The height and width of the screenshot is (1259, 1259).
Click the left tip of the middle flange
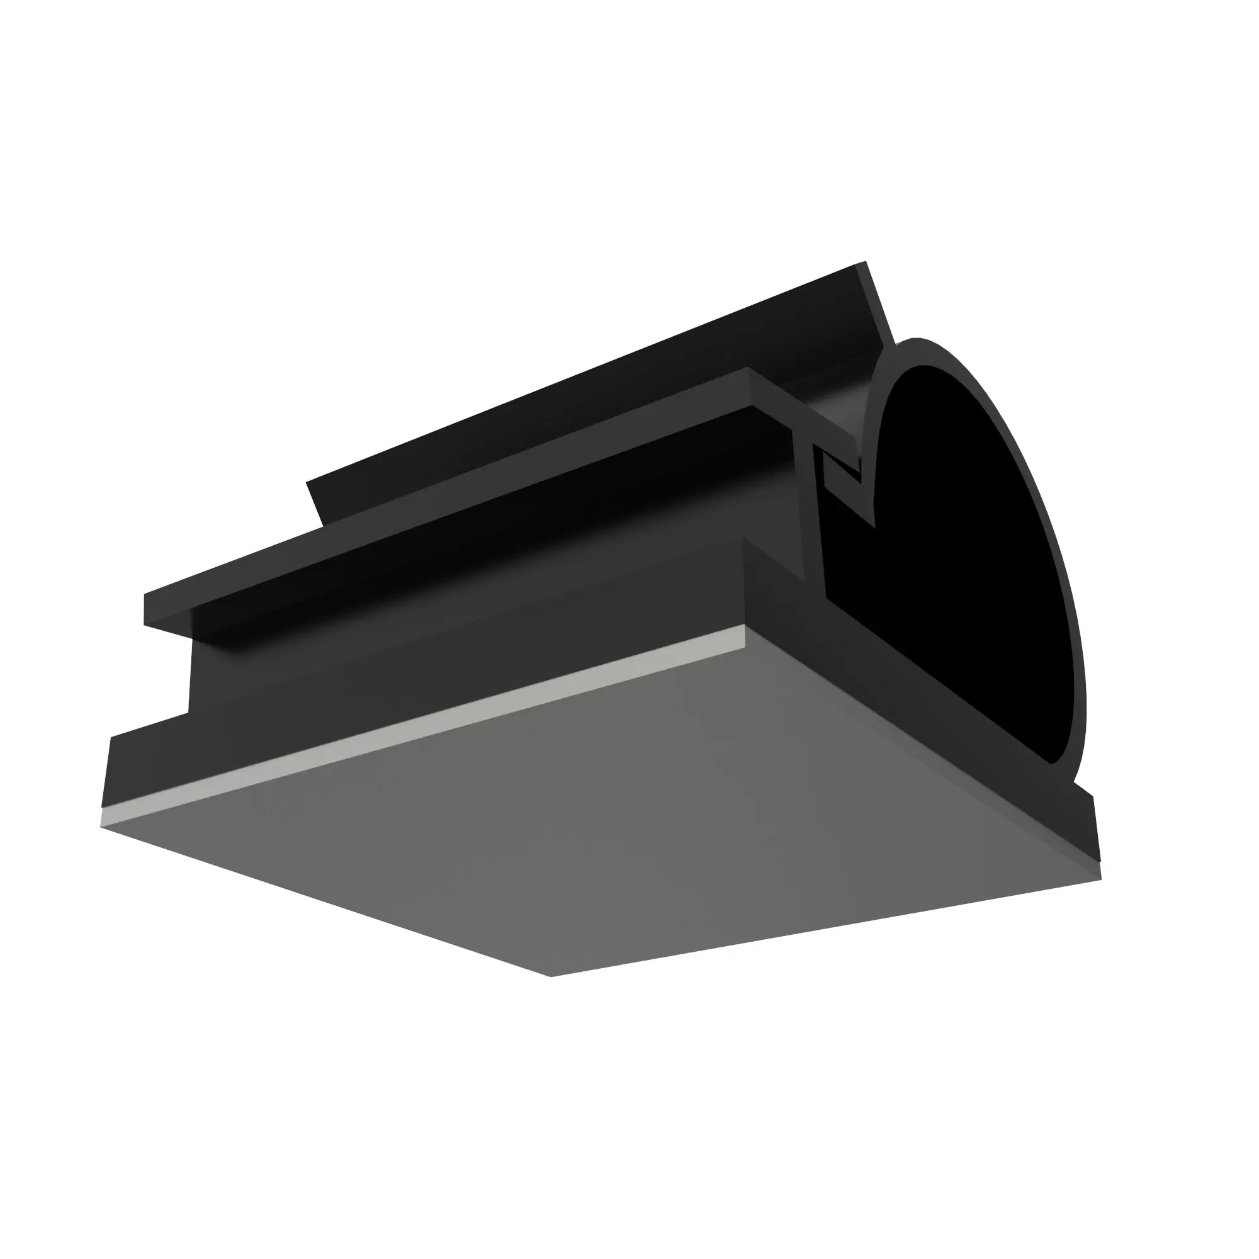click(146, 609)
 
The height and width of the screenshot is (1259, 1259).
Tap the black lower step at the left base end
click(150, 769)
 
